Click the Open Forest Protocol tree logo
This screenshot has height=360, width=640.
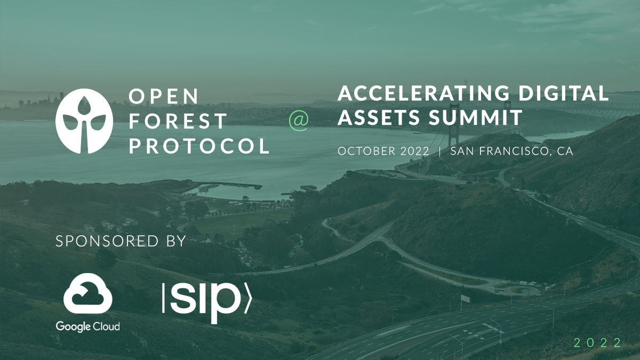(84, 121)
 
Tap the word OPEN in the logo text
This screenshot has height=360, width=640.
(164, 96)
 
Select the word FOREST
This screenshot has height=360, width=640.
(178, 121)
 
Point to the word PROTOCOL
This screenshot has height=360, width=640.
(199, 146)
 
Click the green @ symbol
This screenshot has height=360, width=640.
(299, 121)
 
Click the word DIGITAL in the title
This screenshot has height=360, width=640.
(563, 93)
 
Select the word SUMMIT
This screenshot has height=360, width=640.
(476, 117)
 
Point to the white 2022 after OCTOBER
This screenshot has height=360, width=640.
(414, 151)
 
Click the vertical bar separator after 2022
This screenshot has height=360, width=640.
(440, 151)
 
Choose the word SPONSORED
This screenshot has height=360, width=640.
(107, 241)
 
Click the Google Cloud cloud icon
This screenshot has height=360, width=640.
(87, 293)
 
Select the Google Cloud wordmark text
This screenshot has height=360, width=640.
(87, 326)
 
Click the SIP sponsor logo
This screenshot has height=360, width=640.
(206, 303)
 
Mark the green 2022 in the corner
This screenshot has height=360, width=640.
(597, 343)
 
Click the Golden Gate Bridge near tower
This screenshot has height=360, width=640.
(454, 126)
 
